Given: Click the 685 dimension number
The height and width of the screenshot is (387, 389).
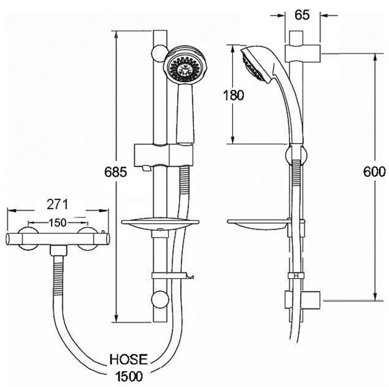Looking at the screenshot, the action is [115, 172].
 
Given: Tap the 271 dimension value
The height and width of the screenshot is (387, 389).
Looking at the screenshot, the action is [57, 205].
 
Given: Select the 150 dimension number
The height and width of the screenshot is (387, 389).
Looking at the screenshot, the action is [57, 223].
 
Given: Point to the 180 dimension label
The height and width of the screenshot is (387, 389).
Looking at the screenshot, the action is [233, 95].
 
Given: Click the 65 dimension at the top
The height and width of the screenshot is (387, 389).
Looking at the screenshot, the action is [302, 15].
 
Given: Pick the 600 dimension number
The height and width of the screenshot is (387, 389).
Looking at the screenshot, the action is [374, 172].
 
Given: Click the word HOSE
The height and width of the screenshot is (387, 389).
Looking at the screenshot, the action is [128, 359].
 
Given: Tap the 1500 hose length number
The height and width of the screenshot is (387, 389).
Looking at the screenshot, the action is [129, 376].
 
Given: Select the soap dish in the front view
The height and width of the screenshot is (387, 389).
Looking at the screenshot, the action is [160, 225].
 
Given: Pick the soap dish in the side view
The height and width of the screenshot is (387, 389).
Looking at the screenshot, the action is [258, 225].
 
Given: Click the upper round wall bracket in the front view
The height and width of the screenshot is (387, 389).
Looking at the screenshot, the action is [159, 53].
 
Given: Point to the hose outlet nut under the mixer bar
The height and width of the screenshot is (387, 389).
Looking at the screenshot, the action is [59, 250].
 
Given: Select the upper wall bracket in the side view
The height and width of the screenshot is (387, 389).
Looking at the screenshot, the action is [303, 54].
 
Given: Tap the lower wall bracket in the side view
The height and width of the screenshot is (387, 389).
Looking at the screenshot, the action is [303, 300].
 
